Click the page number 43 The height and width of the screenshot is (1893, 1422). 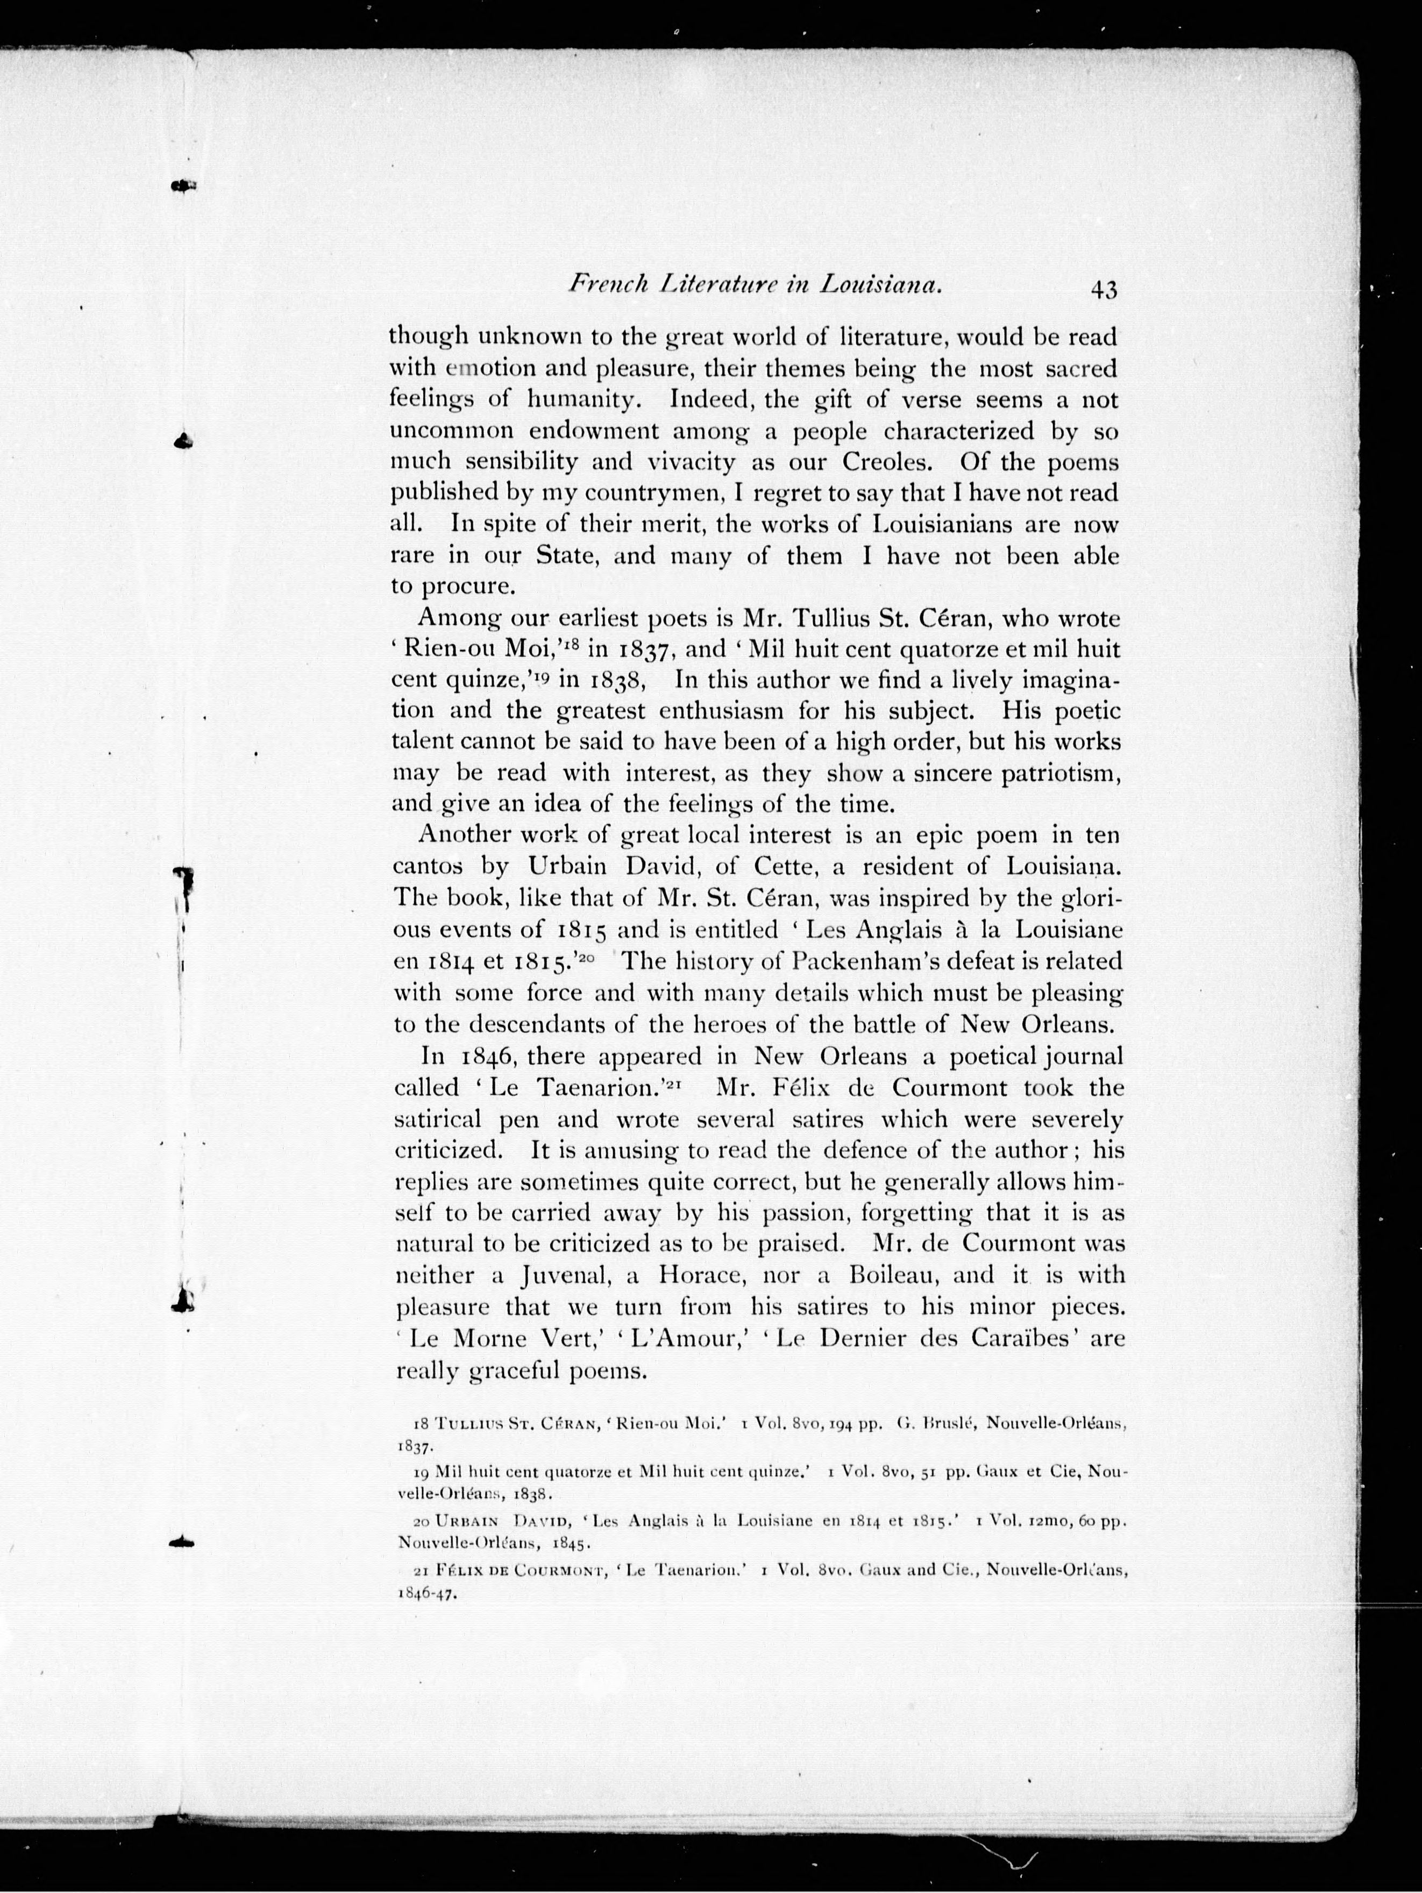(x=1103, y=290)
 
